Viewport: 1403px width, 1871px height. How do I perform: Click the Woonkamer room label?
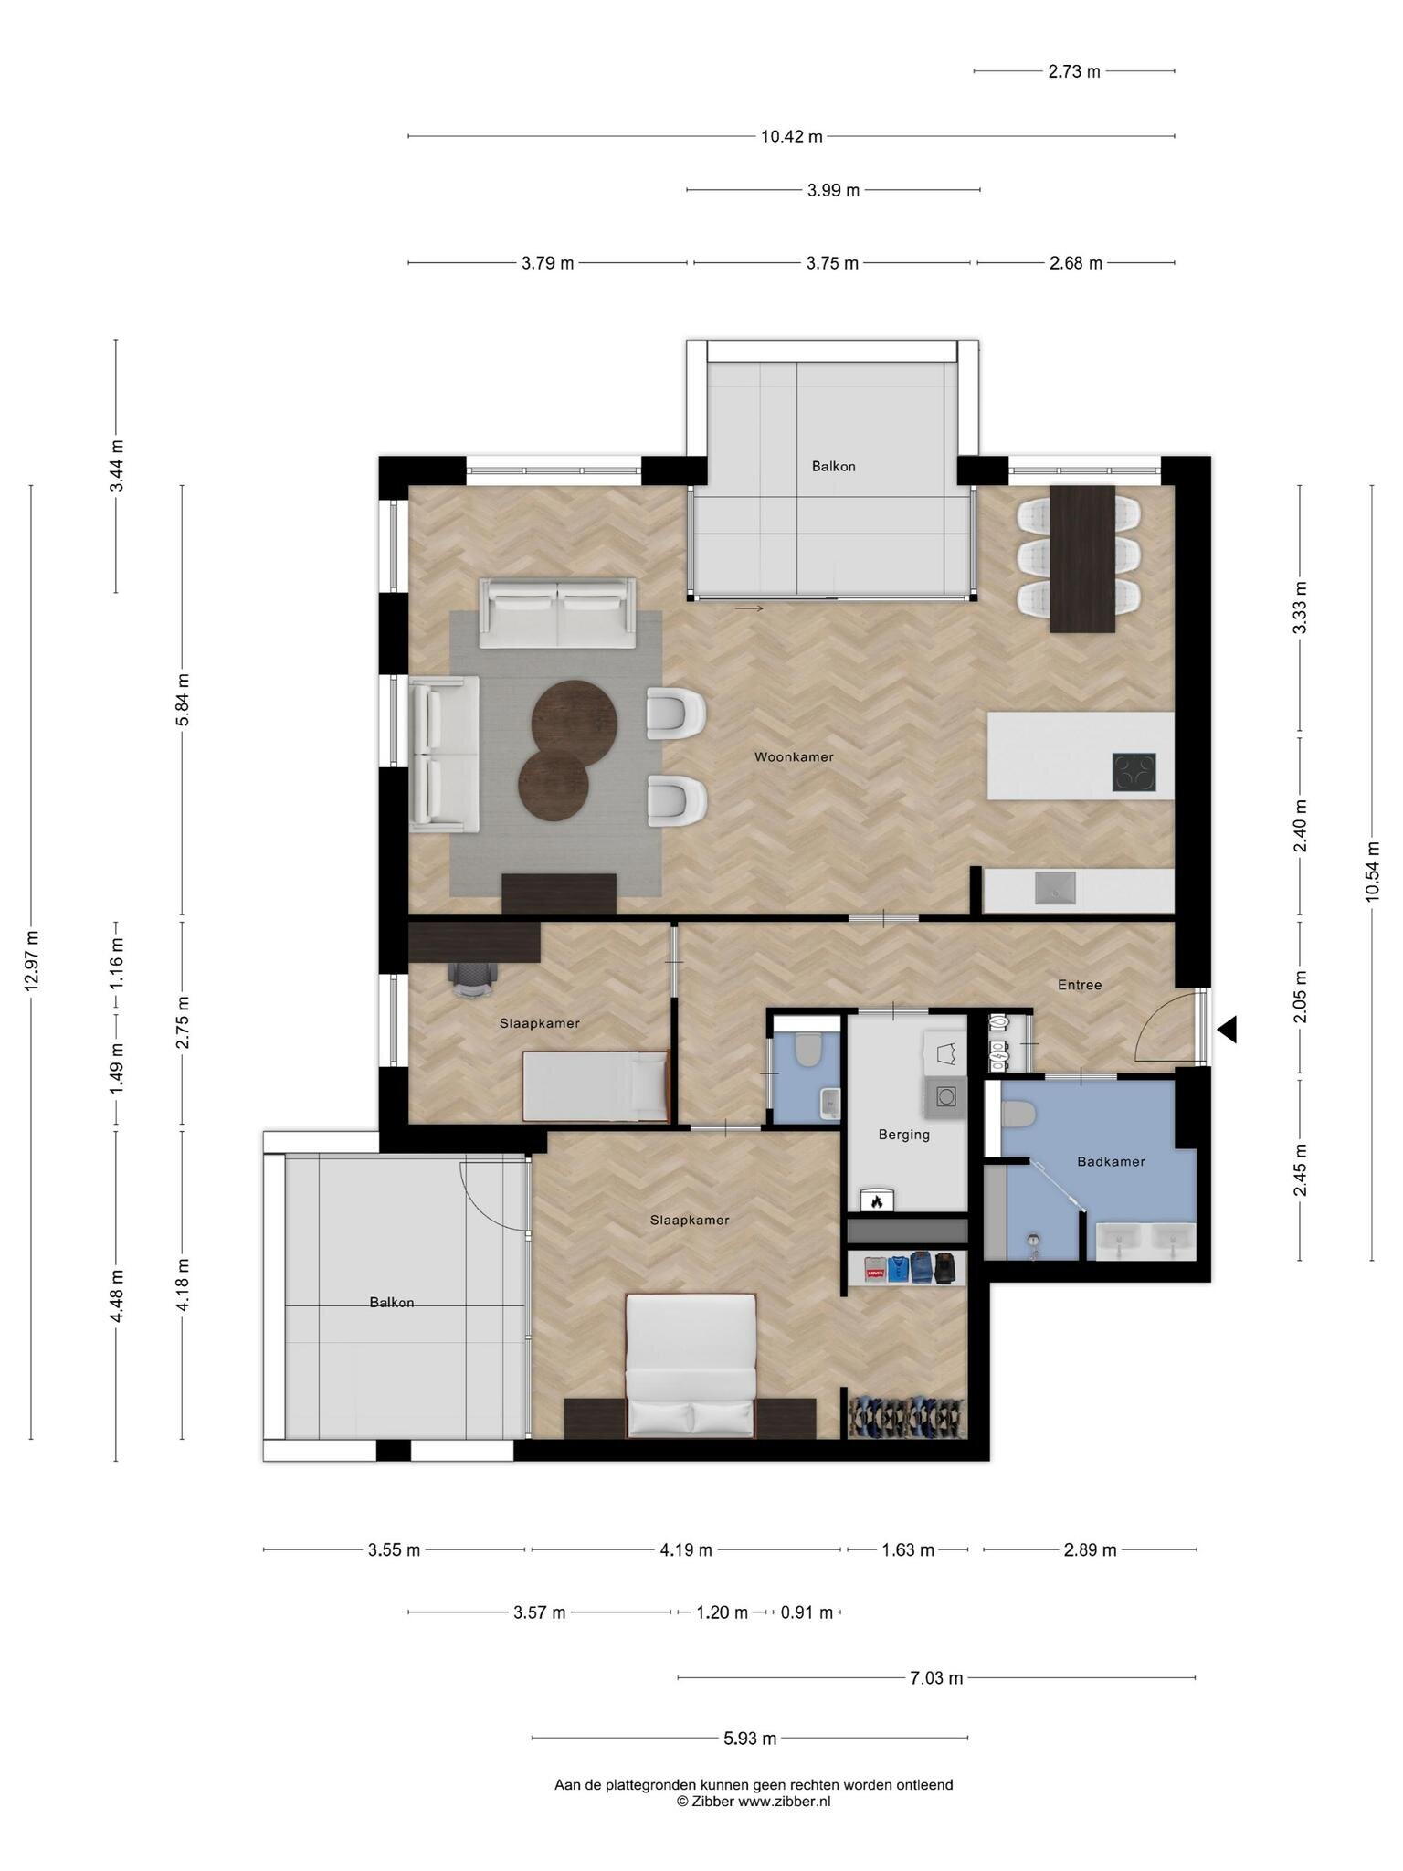[794, 756]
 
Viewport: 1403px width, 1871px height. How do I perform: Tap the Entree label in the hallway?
[1080, 985]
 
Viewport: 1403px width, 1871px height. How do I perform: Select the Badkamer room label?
[1111, 1162]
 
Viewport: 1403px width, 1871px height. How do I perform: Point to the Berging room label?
[904, 1135]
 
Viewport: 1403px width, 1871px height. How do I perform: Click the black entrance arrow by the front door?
[1227, 1030]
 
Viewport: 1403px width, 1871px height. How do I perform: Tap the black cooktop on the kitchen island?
[1134, 772]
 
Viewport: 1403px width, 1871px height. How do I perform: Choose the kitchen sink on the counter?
[1055, 888]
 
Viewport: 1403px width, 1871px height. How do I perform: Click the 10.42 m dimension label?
[792, 137]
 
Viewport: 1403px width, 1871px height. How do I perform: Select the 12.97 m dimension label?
[32, 961]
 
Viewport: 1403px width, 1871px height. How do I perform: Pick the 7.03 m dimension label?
[936, 1677]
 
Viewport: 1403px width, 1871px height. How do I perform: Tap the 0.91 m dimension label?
[807, 1612]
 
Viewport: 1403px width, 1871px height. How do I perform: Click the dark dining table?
[1082, 558]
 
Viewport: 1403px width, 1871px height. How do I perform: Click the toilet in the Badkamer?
[1016, 1115]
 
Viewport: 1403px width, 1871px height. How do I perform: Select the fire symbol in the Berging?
[877, 1201]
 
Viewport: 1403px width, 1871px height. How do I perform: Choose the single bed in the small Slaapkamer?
[596, 1085]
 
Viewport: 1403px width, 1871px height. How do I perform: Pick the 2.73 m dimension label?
[1074, 71]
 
